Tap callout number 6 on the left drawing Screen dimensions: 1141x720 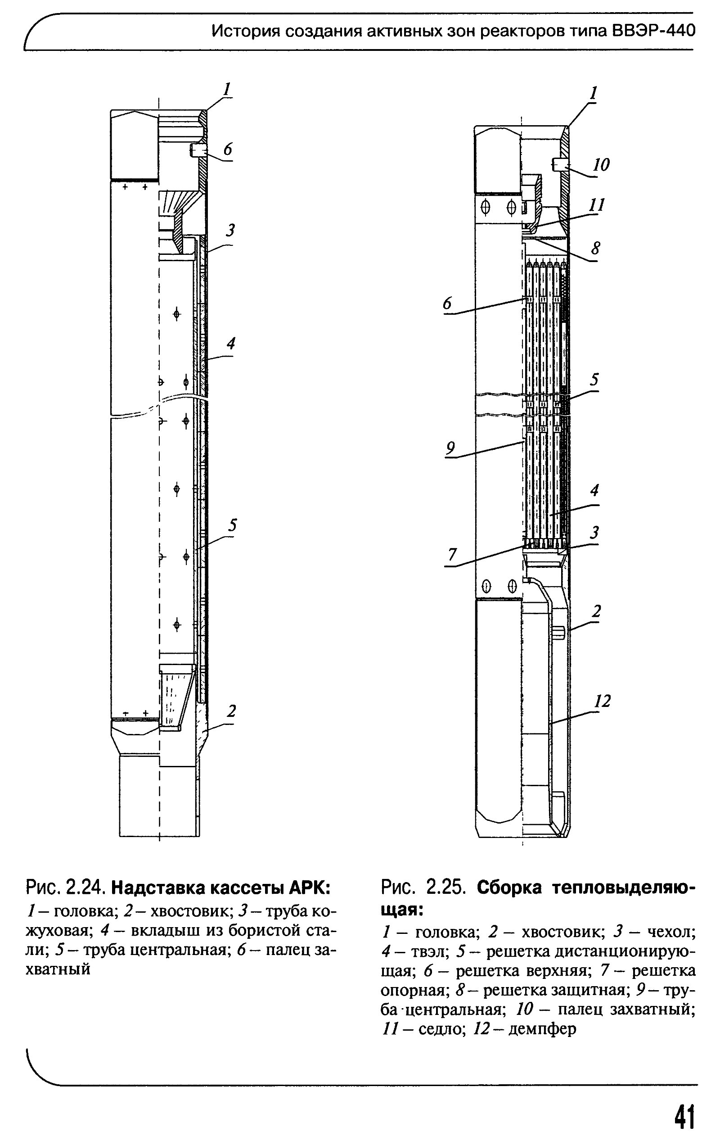pyautogui.click(x=228, y=150)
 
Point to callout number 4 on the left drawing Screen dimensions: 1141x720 pyautogui.click(x=231, y=344)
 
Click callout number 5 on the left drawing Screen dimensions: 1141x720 pyautogui.click(x=232, y=525)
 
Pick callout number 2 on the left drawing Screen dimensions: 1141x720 pyautogui.click(x=231, y=711)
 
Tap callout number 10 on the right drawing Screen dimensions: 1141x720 pyautogui.click(x=601, y=165)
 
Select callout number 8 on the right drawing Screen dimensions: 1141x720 pyautogui.click(x=595, y=248)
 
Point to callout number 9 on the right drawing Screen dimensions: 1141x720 pyautogui.click(x=450, y=447)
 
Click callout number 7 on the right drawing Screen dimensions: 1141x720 pyautogui.click(x=452, y=554)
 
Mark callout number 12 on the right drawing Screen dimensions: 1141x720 pyautogui.click(x=603, y=701)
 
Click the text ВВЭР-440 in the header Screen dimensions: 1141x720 pyautogui.click(x=654, y=31)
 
